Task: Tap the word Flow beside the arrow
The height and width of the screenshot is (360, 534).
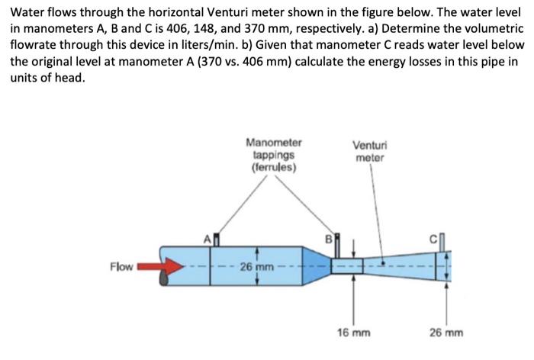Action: coord(121,267)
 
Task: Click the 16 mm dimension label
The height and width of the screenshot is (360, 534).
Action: coord(353,333)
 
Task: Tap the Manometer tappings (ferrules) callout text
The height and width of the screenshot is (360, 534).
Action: coord(274,154)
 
